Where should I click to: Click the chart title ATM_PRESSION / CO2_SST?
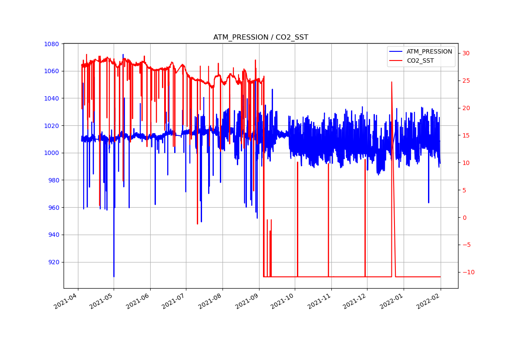pyautogui.click(x=260, y=37)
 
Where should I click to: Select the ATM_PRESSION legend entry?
pyautogui.click(x=429, y=52)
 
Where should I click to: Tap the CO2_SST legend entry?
pyautogui.click(x=420, y=61)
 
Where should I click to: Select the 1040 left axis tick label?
pyautogui.click(x=51, y=98)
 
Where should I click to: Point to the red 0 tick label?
pyautogui.click(x=465, y=218)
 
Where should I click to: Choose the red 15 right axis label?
pyautogui.click(x=466, y=135)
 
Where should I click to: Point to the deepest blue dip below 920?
pyautogui.click(x=114, y=276)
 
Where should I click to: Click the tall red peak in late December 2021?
pyautogui.click(x=391, y=82)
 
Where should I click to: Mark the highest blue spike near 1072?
pyautogui.click(x=123, y=55)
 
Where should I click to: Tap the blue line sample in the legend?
pyautogui.click(x=396, y=52)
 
